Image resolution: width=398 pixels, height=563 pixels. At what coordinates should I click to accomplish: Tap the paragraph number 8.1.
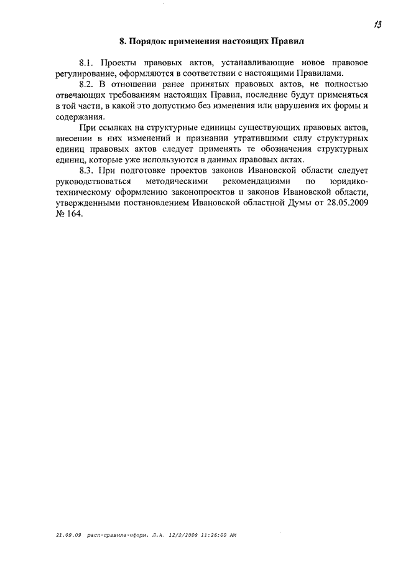[87, 63]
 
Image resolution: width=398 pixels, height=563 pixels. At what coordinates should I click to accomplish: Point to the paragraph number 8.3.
[87, 170]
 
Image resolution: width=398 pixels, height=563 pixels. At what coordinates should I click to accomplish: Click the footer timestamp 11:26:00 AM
[217, 535]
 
